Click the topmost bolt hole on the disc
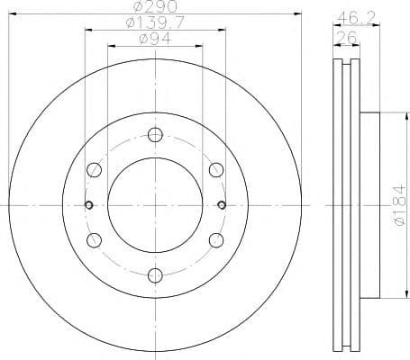[154, 136]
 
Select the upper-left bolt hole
[94, 170]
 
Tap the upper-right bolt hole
[214, 170]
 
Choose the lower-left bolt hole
[94, 239]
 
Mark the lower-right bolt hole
[214, 239]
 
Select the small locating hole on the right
[221, 205]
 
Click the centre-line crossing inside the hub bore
[154, 205]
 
